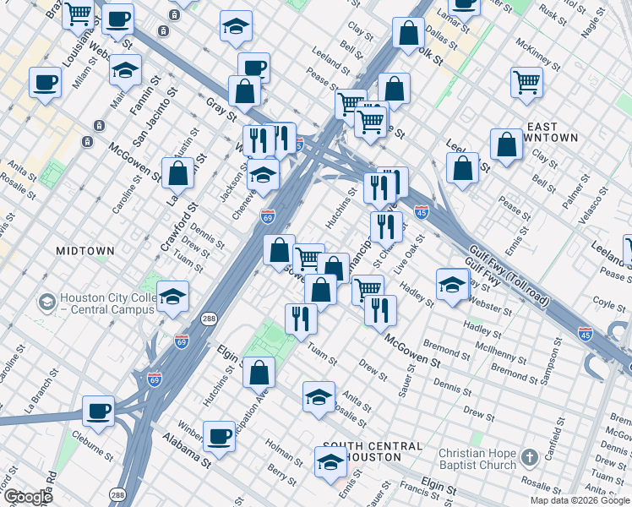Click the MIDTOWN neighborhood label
coord(84,251)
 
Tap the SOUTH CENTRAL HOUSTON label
coord(372,451)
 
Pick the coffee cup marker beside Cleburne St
coord(98,412)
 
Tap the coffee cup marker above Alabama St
coord(220,436)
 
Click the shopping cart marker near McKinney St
coord(526,82)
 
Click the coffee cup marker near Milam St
coord(44,82)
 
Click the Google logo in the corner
coord(27,497)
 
